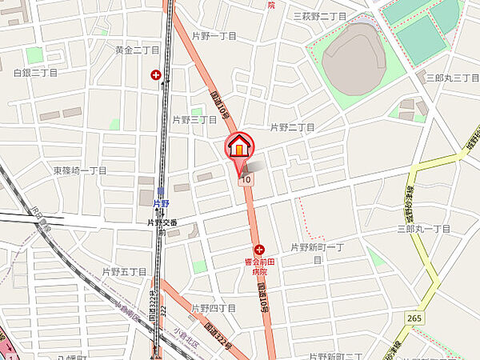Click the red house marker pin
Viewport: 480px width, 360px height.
click(x=239, y=148)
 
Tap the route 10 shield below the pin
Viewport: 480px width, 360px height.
click(x=245, y=180)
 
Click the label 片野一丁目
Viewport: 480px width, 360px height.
click(x=214, y=37)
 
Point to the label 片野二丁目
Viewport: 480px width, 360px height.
click(x=292, y=127)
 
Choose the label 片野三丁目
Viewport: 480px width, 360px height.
click(x=194, y=119)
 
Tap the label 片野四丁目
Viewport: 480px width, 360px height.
click(x=214, y=308)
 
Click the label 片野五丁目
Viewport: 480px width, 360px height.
click(x=125, y=272)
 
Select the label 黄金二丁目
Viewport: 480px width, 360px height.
click(x=137, y=50)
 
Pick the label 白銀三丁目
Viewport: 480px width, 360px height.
click(x=36, y=73)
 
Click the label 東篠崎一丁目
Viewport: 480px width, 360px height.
click(x=80, y=170)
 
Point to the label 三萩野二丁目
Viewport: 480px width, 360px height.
click(x=319, y=16)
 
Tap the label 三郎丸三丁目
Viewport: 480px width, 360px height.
click(x=452, y=78)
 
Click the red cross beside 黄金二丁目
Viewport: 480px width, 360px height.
click(x=154, y=75)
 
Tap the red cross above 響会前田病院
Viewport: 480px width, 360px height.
click(x=259, y=250)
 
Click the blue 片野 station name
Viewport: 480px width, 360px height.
click(x=161, y=204)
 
